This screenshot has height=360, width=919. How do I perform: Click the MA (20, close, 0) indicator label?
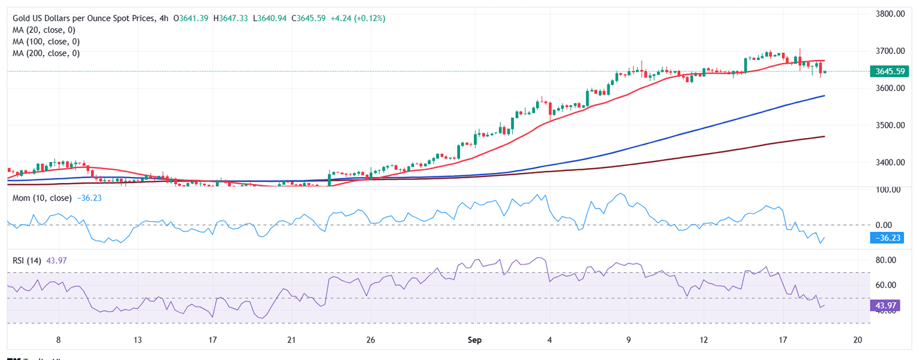pyautogui.click(x=45, y=30)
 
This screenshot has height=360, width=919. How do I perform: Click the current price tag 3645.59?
pyautogui.click(x=889, y=72)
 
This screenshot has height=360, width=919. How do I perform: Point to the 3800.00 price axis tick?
pyautogui.click(x=888, y=14)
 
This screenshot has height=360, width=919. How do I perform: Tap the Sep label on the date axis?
pyautogui.click(x=474, y=340)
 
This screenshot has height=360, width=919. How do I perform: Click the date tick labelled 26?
pyautogui.click(x=370, y=340)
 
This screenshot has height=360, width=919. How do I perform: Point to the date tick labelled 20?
pyautogui.click(x=857, y=340)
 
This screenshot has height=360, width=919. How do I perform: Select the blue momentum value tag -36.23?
pyautogui.click(x=889, y=238)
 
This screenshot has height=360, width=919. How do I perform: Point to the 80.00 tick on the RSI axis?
pyautogui.click(x=885, y=260)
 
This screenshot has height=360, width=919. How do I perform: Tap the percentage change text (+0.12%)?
pyautogui.click(x=368, y=19)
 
